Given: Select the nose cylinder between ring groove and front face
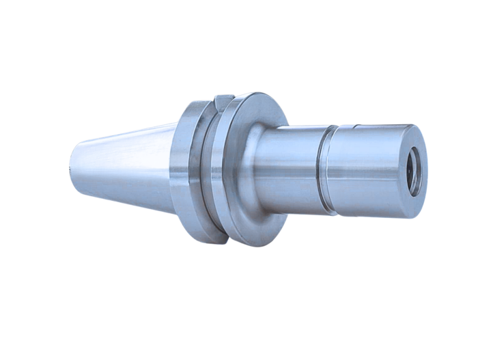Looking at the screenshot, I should (x=369, y=171).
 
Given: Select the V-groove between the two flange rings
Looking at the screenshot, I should (x=207, y=171).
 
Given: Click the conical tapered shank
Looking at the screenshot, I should (x=123, y=164).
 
